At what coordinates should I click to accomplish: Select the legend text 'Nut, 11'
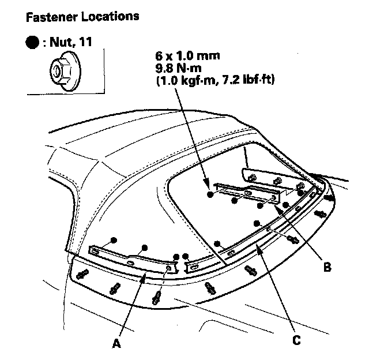tap(70, 43)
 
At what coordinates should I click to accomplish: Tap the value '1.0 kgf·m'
tap(186, 80)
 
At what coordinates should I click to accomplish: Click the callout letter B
tap(326, 267)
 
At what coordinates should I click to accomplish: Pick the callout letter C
tap(296, 340)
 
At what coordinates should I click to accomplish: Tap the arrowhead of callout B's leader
tap(278, 208)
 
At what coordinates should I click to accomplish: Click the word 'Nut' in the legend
tap(62, 43)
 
